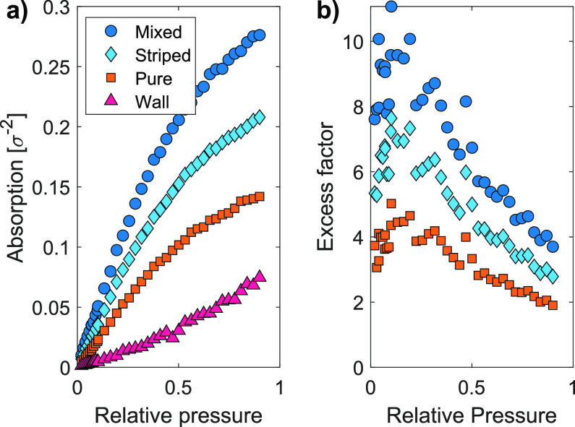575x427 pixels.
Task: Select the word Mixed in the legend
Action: (153, 32)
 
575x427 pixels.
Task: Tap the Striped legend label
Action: (158, 55)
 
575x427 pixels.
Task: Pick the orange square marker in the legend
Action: (109, 78)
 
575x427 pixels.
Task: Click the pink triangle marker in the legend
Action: (109, 102)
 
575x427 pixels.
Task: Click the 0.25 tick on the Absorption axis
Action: (51, 67)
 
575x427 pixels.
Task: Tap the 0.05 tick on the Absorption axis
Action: (51, 308)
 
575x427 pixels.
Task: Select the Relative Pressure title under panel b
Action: (472, 414)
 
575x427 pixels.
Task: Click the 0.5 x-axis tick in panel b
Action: (472, 387)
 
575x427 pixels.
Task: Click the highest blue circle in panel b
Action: (391, 7)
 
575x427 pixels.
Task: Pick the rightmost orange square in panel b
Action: (553, 305)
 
